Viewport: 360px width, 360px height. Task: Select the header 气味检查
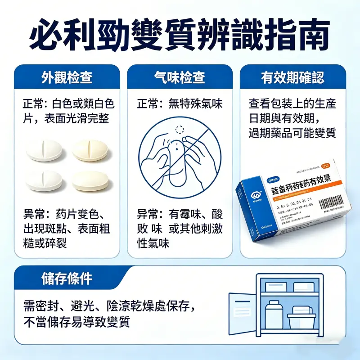click(x=180, y=77)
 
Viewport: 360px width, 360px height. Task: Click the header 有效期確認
click(x=292, y=77)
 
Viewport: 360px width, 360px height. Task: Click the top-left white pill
click(x=44, y=150)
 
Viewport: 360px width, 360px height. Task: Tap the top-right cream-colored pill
click(x=90, y=150)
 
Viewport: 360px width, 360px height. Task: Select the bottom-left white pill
click(x=44, y=180)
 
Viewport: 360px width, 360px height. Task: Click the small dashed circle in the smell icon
click(x=180, y=130)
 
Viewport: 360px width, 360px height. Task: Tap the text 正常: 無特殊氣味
click(x=180, y=104)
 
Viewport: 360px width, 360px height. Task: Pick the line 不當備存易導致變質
click(x=76, y=322)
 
